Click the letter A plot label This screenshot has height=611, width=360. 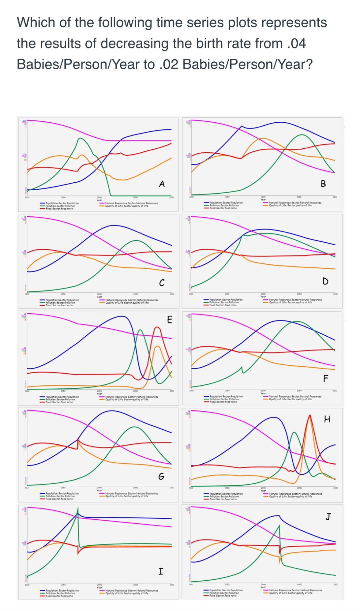(162, 184)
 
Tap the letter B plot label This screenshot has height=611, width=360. (323, 184)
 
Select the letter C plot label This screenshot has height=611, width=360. (162, 283)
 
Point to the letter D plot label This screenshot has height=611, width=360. (325, 281)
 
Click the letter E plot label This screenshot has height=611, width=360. (170, 319)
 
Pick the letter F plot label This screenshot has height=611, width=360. (326, 378)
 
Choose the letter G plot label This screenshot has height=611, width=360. (161, 476)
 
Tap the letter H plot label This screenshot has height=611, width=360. (327, 419)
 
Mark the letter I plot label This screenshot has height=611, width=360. (161, 571)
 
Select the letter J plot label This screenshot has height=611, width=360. (328, 516)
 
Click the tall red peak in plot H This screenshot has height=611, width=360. (310, 416)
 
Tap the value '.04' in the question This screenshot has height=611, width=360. (296, 44)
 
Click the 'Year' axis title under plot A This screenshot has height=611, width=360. (99, 200)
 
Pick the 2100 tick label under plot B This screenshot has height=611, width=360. (335, 197)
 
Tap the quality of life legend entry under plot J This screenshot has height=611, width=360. (290, 593)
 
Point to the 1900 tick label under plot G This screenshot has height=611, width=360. (27, 487)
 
